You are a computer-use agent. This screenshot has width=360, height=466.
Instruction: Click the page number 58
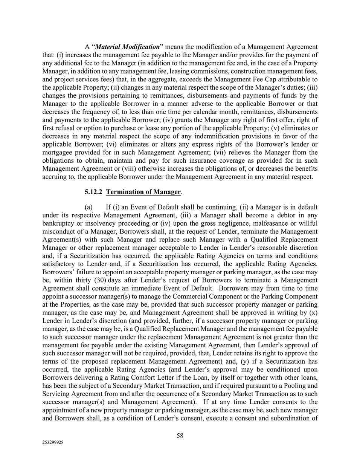tap(180, 435)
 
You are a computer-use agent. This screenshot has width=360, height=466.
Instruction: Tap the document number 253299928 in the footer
tap(53, 443)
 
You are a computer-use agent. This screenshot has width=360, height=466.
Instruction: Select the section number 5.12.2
tap(94, 192)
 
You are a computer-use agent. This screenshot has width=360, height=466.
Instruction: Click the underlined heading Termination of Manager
tap(143, 192)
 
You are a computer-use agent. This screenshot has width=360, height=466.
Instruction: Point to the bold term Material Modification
tap(128, 47)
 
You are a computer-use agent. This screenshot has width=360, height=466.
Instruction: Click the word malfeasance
tap(251, 223)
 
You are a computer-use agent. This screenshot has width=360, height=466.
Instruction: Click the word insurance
tap(181, 160)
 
